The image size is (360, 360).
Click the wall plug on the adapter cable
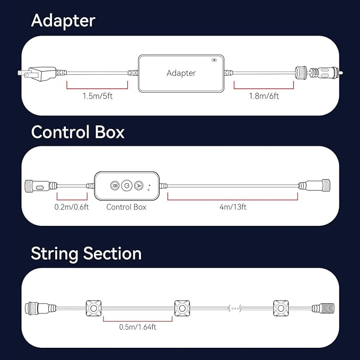tap(38, 74)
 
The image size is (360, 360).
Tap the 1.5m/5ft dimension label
tap(98, 96)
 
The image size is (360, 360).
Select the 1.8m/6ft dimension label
tap(264, 96)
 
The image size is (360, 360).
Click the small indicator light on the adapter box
tap(214, 60)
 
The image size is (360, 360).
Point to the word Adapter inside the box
tap(181, 73)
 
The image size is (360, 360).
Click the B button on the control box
tap(115, 185)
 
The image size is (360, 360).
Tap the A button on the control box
tap(139, 185)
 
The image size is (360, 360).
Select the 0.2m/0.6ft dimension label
tap(72, 207)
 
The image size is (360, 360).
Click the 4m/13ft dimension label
tap(233, 207)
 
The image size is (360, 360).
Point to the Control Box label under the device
tap(126, 207)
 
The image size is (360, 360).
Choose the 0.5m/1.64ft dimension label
tap(138, 327)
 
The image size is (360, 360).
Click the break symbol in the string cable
tap(235, 309)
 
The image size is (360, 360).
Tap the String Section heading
tap(86, 254)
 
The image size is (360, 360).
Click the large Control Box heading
tap(78, 132)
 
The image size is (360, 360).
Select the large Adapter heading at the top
tap(63, 21)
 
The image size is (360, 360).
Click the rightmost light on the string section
tap(281, 308)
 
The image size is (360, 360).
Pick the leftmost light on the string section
tap(94, 308)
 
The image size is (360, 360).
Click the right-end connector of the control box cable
tap(314, 185)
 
